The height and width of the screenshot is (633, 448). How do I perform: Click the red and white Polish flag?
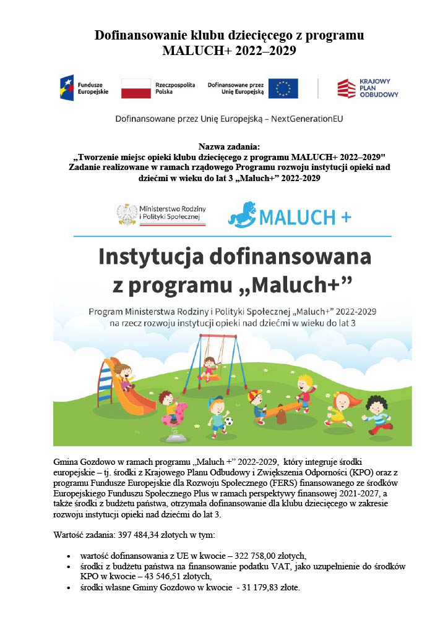click(136, 88)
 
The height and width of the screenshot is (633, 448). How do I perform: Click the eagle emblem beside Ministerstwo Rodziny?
click(127, 214)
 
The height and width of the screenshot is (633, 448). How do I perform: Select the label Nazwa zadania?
click(230, 147)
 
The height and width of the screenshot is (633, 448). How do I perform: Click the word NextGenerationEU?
click(306, 118)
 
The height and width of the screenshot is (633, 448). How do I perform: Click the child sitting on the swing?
click(210, 368)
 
